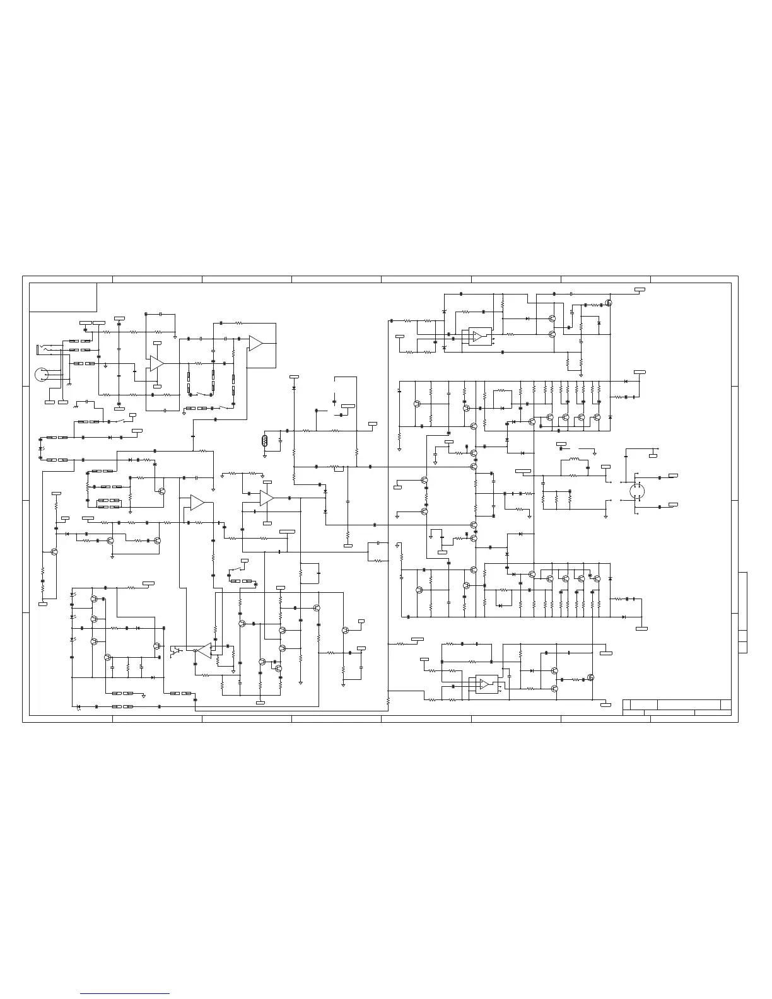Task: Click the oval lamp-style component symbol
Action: click(265, 440)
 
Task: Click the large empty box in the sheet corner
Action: click(63, 297)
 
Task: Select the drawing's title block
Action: click(676, 707)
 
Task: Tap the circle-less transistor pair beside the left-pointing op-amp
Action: click(176, 650)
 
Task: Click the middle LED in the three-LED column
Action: click(74, 617)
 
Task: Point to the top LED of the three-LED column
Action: click(74, 595)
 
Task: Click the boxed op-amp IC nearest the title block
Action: click(485, 684)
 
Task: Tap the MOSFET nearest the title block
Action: click(591, 678)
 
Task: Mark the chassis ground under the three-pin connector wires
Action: click(69, 384)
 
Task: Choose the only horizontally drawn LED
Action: click(78, 706)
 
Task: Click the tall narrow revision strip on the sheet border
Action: click(742, 612)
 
